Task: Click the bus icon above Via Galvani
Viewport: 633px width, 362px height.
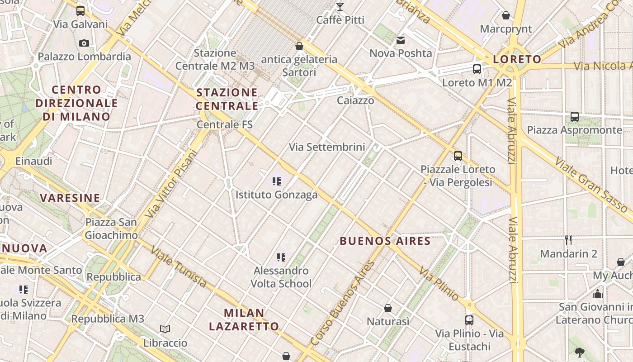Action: [80, 11]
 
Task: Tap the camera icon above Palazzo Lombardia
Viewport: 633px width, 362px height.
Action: [84, 43]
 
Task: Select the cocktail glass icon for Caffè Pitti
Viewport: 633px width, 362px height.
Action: [340, 7]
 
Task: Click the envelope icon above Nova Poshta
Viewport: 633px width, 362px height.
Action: [401, 40]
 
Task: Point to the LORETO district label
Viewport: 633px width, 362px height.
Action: [517, 59]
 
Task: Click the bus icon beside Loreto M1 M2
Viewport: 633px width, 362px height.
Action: [477, 69]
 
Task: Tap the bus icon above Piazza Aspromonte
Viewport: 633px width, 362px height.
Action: [574, 117]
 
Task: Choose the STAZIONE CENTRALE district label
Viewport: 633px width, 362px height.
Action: [227, 99]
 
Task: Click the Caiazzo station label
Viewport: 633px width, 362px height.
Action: [355, 100]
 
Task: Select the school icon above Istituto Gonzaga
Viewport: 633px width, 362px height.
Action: [277, 182]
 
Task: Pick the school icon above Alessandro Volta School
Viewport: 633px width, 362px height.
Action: [281, 258]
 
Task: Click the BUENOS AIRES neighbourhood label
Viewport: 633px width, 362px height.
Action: [385, 241]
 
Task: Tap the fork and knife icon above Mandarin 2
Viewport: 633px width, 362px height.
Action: [568, 240]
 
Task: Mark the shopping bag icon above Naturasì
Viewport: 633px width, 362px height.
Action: [387, 309]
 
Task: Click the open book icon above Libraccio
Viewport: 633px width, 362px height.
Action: [165, 329]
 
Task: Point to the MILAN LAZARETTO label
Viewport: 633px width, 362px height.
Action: [244, 319]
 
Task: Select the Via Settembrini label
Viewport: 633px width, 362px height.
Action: [327, 147]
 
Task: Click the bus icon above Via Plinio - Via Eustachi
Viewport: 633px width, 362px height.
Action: [469, 320]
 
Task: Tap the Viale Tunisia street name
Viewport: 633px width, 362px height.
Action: [179, 267]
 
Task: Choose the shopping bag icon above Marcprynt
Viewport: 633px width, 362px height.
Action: [506, 16]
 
